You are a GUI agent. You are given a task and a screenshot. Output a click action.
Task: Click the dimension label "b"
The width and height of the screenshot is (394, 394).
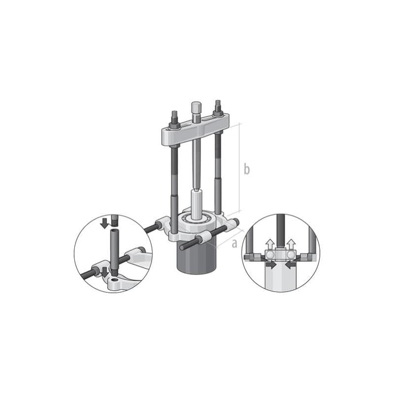coord(246,169)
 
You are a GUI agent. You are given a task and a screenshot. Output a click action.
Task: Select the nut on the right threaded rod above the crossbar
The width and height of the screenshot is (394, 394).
coord(217,110)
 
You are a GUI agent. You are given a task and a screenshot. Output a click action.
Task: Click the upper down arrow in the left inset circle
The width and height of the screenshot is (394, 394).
coord(104,222)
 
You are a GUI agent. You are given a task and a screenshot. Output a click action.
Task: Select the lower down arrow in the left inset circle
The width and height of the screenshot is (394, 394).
coord(104,271)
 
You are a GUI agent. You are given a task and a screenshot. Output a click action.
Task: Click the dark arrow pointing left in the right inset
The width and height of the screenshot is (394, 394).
coord(290,265)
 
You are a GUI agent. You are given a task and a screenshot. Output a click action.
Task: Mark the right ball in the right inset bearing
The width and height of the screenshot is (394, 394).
coord(289,256)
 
